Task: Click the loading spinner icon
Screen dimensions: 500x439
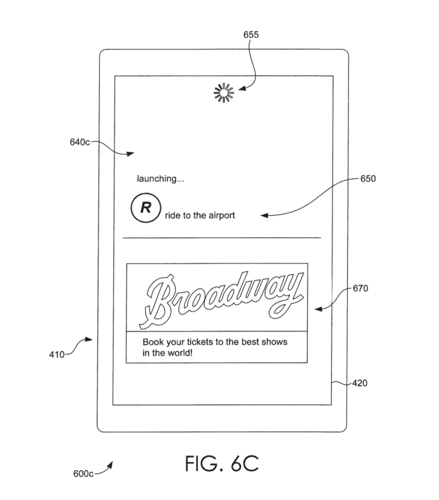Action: click(224, 92)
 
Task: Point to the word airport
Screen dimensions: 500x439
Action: click(220, 215)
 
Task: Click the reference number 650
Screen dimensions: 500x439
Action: click(368, 179)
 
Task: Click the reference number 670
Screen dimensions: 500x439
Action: click(360, 289)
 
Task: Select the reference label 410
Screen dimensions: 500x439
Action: click(57, 354)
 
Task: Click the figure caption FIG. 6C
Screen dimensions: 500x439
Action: click(222, 464)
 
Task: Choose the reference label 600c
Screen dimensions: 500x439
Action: click(83, 474)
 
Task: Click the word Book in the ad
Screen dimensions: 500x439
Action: click(152, 342)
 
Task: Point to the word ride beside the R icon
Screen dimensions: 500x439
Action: click(171, 215)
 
